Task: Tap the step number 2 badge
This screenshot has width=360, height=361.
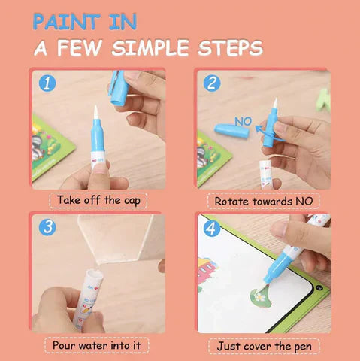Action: pos(211,83)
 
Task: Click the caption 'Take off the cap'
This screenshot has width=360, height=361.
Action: pos(98,201)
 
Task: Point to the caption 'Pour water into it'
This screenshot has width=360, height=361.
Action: pos(98,345)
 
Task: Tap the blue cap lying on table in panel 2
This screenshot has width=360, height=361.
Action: pos(231,131)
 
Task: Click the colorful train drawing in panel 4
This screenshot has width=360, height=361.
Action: pos(208,272)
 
